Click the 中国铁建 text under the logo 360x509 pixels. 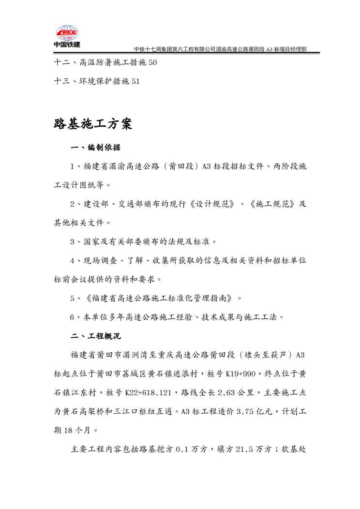[x=67, y=45]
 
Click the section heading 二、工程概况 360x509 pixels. [x=96, y=335]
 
